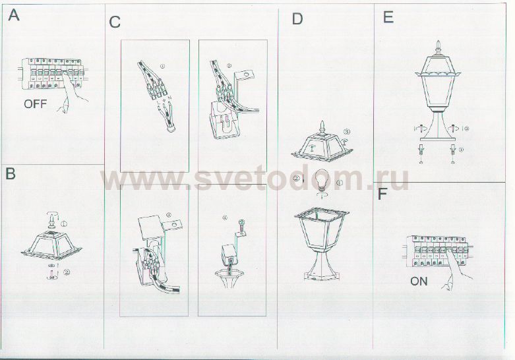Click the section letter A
(13, 15)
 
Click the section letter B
(11, 174)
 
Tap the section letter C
(115, 22)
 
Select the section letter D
(297, 19)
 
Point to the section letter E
(388, 17)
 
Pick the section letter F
(382, 194)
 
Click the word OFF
(35, 104)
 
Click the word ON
(419, 282)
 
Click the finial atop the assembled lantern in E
(438, 47)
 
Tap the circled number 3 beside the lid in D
(346, 132)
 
